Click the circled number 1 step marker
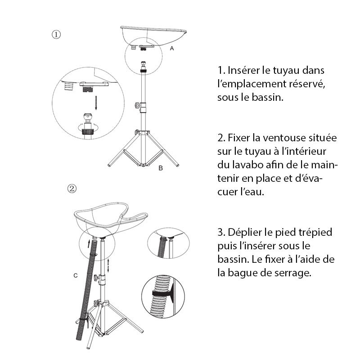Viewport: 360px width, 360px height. tap(57, 34)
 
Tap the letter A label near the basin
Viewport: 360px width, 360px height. tap(172, 48)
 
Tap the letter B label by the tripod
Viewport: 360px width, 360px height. tap(161, 169)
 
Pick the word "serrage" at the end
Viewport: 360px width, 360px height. tap(295, 272)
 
